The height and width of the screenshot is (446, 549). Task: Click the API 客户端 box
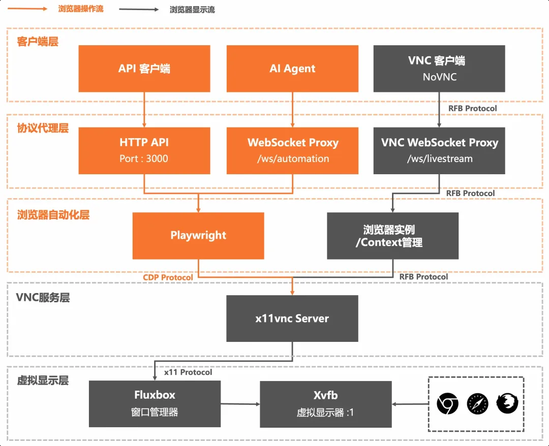(144, 69)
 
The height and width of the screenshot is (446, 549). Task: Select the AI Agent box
(292, 69)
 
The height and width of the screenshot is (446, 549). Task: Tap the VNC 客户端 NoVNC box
(439, 69)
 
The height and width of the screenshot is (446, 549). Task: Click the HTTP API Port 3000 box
(144, 150)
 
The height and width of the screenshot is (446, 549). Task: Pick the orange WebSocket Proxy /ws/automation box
(292, 150)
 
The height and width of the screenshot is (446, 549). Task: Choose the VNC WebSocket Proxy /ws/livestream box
(439, 150)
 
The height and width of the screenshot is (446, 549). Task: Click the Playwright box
(198, 235)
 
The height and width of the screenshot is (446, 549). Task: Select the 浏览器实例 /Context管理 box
(392, 235)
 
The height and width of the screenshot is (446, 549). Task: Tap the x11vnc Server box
(292, 318)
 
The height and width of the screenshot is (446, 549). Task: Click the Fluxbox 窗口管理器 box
(155, 404)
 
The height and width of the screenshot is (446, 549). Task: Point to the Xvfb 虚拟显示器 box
(326, 404)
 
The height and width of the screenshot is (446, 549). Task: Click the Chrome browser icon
(447, 404)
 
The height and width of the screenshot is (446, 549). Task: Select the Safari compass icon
(477, 404)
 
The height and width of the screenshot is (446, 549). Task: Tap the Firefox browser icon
(507, 404)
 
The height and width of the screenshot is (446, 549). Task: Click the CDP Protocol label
(168, 277)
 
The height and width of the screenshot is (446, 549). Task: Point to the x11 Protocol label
(188, 372)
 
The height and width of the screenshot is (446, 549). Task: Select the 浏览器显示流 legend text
(192, 10)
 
